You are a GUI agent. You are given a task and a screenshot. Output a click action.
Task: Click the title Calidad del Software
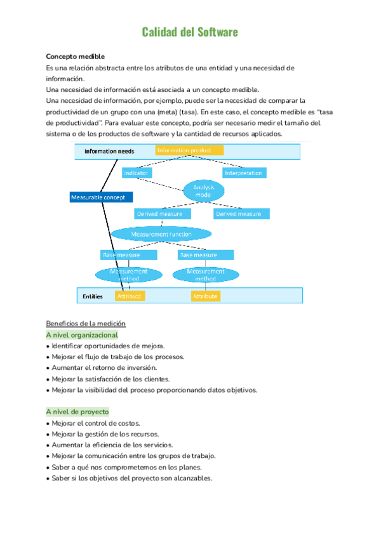(x=190, y=32)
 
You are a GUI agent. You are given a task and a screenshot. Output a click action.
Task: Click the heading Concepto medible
(x=76, y=56)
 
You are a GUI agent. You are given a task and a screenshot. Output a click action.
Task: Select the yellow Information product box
(x=189, y=150)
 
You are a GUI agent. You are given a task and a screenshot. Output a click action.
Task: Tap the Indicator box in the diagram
(x=137, y=173)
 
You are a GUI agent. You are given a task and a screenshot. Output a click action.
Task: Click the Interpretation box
(x=244, y=173)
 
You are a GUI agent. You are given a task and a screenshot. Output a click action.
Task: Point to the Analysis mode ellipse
(x=204, y=190)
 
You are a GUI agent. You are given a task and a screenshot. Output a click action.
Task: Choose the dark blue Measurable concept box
(x=102, y=197)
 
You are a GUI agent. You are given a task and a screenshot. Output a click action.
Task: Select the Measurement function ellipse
(x=161, y=234)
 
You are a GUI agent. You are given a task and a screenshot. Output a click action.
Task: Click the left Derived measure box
(x=159, y=214)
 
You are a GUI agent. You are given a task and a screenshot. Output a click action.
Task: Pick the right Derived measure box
(x=238, y=214)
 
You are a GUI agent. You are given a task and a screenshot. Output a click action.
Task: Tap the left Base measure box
(x=129, y=254)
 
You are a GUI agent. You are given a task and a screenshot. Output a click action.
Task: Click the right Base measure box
(x=205, y=254)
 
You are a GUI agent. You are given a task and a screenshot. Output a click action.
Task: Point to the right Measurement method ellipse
(x=205, y=275)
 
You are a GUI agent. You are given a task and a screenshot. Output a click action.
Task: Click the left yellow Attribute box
(x=130, y=296)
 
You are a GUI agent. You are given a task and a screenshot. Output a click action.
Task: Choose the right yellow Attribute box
(x=205, y=296)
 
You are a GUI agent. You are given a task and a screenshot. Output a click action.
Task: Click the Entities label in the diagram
(x=93, y=296)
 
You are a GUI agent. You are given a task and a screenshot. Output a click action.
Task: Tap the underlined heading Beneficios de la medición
(x=86, y=323)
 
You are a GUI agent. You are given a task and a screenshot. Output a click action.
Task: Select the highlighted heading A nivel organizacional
(x=82, y=334)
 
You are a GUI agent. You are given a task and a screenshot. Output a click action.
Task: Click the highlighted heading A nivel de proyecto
(x=77, y=411)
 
